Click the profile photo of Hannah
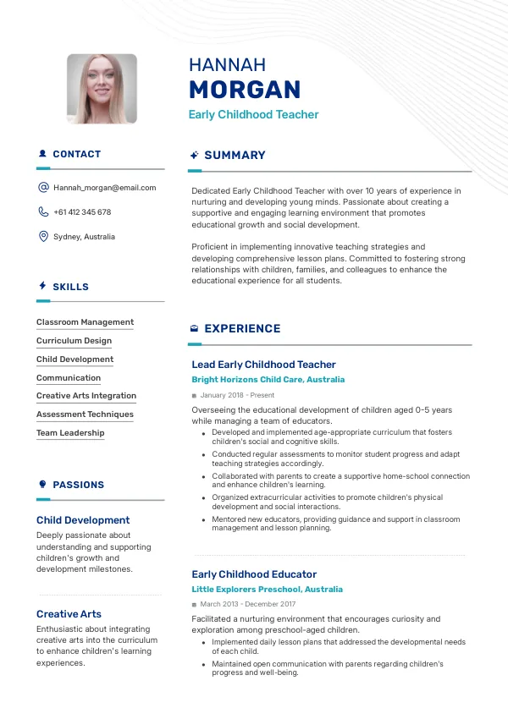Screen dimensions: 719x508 [x=102, y=89]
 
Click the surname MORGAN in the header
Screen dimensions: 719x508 [x=245, y=90]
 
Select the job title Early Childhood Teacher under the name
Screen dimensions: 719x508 [x=253, y=115]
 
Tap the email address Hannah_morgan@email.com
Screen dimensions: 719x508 [x=104, y=188]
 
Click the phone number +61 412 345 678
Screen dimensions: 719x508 [x=82, y=212]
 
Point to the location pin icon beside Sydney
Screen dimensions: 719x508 [x=43, y=237]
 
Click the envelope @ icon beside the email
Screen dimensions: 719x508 [x=43, y=188]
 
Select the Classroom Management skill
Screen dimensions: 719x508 [x=85, y=322]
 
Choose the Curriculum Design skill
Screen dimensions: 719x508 [x=74, y=341]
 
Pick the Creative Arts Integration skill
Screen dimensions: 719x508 [x=86, y=396]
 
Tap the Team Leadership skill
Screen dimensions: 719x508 [x=70, y=433]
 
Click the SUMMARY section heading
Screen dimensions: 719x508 [x=235, y=156]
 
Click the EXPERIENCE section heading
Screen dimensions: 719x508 [x=242, y=329]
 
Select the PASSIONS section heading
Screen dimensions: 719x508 [x=78, y=485]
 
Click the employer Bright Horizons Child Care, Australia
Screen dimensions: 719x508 [x=268, y=380]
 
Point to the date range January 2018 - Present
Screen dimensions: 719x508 [x=237, y=395]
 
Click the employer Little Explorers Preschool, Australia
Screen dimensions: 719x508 [x=267, y=589]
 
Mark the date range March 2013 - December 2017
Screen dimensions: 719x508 [x=247, y=604]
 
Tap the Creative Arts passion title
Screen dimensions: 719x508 [x=69, y=614]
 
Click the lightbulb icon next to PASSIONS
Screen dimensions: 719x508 [x=42, y=485]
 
